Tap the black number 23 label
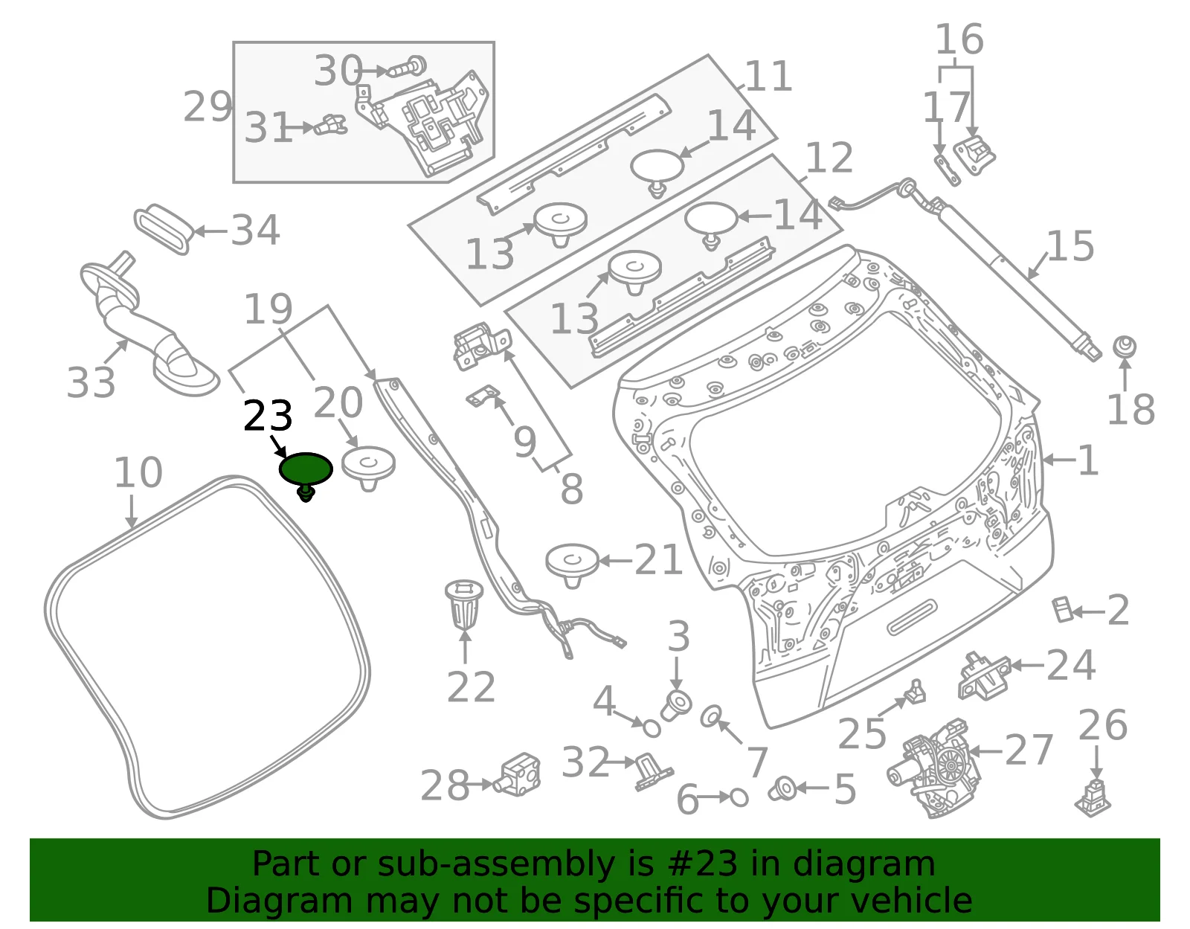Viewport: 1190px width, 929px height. tap(268, 416)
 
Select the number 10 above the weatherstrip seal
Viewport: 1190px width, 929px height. tap(138, 472)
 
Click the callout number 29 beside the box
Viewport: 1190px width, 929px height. tap(208, 107)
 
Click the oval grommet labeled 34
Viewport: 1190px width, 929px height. tap(163, 230)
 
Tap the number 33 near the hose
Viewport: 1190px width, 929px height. tap(90, 382)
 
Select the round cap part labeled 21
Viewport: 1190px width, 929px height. tap(572, 565)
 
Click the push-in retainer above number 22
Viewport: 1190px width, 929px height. tap(464, 605)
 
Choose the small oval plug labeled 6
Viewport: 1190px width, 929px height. tap(739, 797)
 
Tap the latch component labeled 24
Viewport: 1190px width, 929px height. tap(985, 676)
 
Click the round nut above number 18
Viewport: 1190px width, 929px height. tap(1125, 347)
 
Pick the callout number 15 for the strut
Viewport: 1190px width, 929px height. tap(1070, 245)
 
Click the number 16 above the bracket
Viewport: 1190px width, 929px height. tap(959, 39)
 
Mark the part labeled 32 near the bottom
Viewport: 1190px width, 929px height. tap(654, 772)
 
